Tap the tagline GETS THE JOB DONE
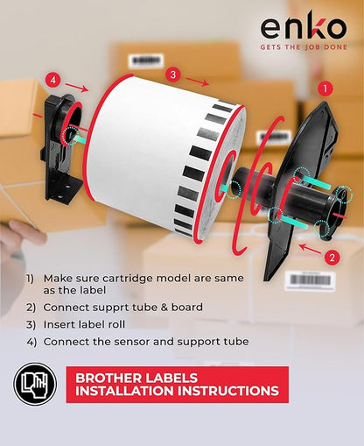coord(303,49)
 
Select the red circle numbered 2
coord(332,257)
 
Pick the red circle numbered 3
coord(173,74)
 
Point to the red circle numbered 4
coord(53,81)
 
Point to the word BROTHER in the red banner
coord(113,379)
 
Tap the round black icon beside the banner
coord(34,386)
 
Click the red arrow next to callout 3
coord(199,82)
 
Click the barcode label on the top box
coord(146,60)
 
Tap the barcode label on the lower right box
coord(311,280)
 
